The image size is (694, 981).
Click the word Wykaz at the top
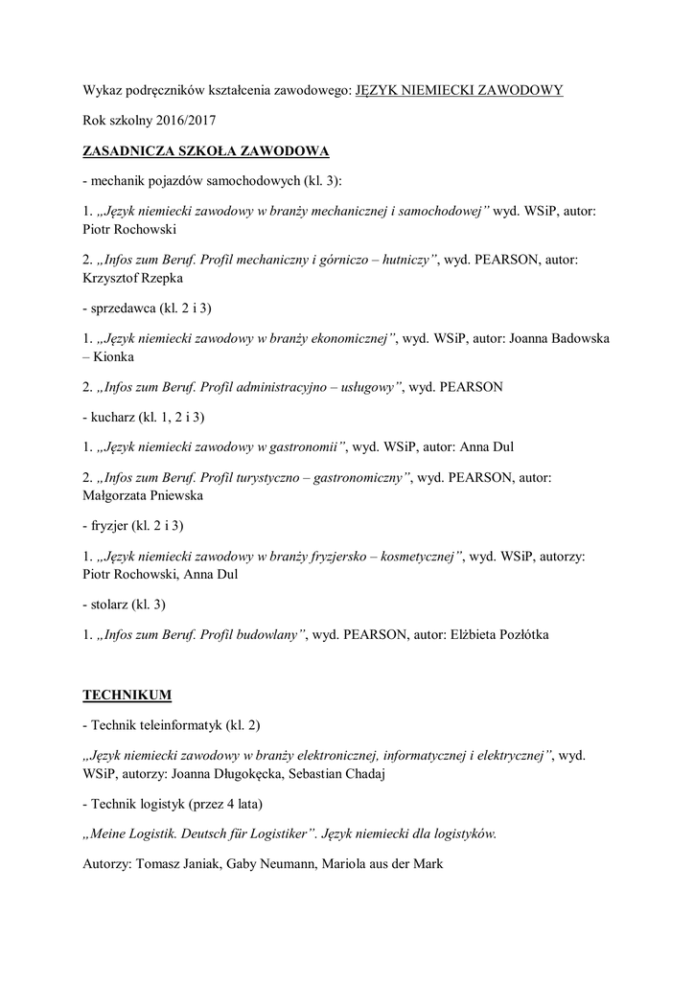(x=103, y=90)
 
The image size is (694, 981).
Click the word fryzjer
(x=112, y=525)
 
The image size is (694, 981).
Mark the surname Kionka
(x=115, y=357)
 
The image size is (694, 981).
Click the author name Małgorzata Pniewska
(x=143, y=496)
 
